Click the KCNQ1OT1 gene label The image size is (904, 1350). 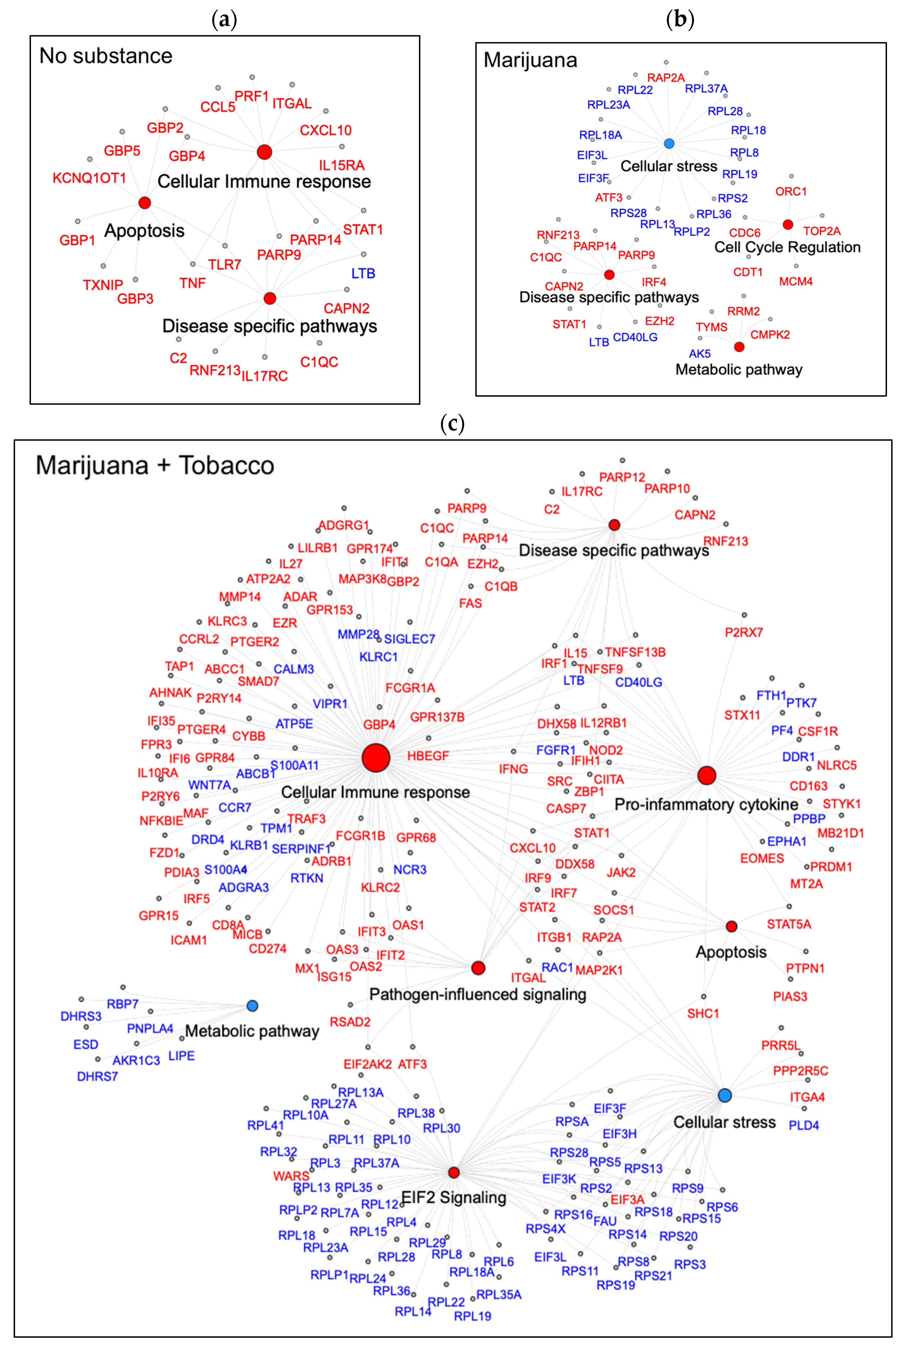[x=89, y=178]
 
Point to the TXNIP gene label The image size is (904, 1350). [x=103, y=285]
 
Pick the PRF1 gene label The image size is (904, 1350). [x=251, y=96]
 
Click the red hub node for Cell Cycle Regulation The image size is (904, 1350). [x=787, y=224]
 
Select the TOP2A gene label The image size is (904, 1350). [x=821, y=231]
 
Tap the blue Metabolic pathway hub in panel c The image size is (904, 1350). [x=252, y=1005]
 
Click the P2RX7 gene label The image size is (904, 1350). [x=744, y=632]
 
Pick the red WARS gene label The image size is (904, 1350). [x=291, y=1176]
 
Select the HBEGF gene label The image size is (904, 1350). [x=428, y=755]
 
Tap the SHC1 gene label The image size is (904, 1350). [x=703, y=1013]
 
